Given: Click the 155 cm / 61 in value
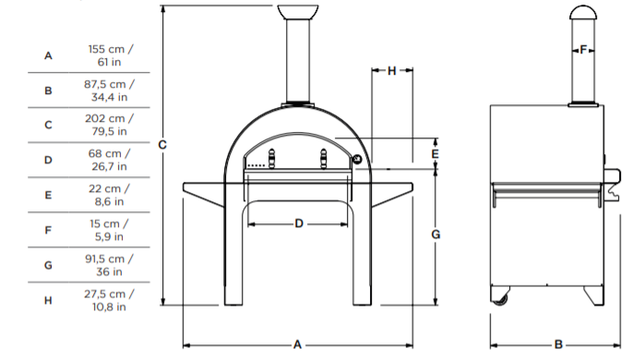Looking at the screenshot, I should point(110,55).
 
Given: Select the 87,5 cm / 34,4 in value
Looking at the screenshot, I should point(110,90).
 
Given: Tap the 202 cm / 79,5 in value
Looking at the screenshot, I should point(110,125).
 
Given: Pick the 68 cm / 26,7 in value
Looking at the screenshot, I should point(110,160).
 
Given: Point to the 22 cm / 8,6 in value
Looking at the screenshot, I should point(110,194).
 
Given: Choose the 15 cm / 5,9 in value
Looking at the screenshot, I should point(110,229).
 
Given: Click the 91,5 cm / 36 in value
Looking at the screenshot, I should point(110,264).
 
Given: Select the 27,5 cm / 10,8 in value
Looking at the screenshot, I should point(110,299).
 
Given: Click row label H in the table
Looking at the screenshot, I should point(48,299).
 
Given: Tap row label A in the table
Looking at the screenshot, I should point(48,55).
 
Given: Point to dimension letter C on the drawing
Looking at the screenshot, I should point(162,144).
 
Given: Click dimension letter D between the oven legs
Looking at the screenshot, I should point(298,223).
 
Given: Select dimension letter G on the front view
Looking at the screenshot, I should point(435,234).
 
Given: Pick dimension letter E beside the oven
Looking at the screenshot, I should point(435,153).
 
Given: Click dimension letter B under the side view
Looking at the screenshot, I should point(559,343).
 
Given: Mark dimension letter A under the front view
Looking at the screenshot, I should point(298,343).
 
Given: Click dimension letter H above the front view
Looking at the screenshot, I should point(391,70).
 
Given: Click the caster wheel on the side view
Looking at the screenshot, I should point(503,297).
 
